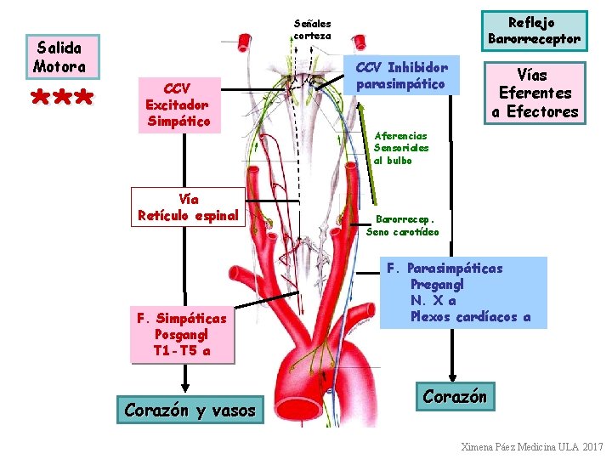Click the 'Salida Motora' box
click(x=63, y=57)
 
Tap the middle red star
click(x=62, y=97)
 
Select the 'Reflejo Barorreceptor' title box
click(x=535, y=31)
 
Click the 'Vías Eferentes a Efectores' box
click(x=535, y=93)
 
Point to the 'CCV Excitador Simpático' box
click(x=179, y=105)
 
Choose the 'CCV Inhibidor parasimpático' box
click(x=401, y=76)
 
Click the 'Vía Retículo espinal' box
click(x=188, y=207)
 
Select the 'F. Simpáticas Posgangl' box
click(x=182, y=335)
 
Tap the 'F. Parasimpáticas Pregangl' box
click(x=463, y=292)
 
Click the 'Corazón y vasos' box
click(x=190, y=410)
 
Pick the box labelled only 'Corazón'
click(x=455, y=396)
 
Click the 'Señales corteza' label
click(x=312, y=30)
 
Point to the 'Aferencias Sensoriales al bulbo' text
click(x=401, y=148)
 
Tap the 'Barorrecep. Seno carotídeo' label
click(x=402, y=225)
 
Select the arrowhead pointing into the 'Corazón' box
click(x=452, y=377)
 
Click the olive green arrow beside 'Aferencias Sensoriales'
click(x=367, y=154)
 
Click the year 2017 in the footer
click(x=593, y=447)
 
